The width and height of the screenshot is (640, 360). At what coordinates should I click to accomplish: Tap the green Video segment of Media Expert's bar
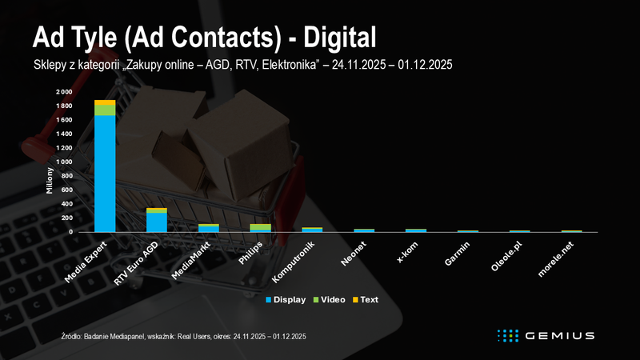pyautogui.click(x=105, y=110)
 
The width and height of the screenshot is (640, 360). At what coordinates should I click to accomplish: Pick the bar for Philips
pyautogui.click(x=260, y=228)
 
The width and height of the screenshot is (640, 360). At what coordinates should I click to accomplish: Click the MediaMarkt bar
pyautogui.click(x=209, y=229)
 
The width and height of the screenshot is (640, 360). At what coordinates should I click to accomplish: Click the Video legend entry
pyautogui.click(x=330, y=300)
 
